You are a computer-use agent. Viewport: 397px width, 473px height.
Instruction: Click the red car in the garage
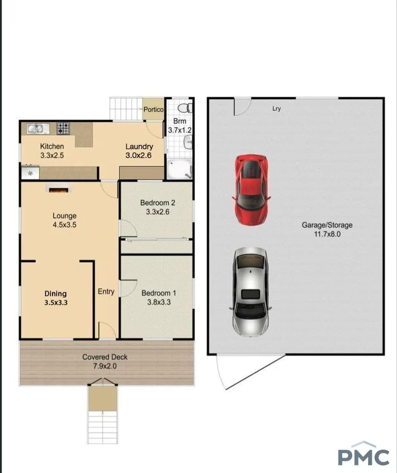click(251, 189)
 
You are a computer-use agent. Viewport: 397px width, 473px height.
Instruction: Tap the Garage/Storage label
click(327, 225)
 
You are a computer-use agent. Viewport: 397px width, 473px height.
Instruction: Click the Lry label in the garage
click(277, 109)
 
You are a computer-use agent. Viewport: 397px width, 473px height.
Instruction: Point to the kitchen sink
click(36, 128)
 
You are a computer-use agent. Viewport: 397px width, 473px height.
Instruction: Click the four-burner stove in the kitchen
click(64, 128)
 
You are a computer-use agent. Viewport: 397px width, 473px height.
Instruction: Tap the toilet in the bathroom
click(184, 108)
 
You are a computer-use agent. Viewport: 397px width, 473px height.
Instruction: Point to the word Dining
click(55, 294)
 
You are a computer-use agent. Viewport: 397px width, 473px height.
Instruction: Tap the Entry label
click(106, 291)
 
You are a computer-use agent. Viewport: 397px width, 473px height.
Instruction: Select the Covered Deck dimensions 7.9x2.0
click(105, 366)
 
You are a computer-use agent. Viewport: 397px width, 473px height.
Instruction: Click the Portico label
click(154, 109)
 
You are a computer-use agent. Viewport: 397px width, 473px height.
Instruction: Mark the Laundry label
click(139, 147)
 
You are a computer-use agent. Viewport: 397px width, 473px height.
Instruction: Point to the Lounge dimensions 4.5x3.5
click(64, 225)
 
